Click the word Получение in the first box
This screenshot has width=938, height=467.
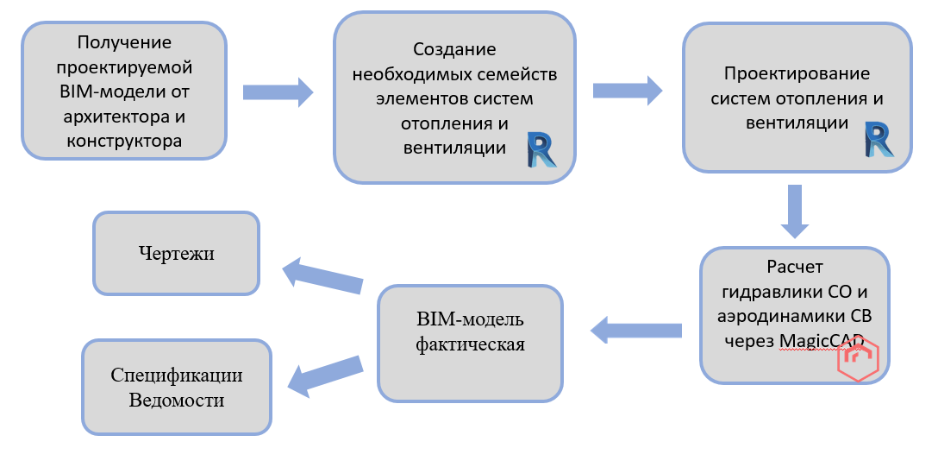point(124,42)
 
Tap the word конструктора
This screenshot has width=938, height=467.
point(124,140)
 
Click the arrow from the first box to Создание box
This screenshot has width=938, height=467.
point(278,92)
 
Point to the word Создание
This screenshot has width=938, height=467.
point(454,50)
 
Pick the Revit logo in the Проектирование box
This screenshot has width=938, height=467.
point(878,139)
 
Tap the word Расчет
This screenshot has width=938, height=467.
point(795,267)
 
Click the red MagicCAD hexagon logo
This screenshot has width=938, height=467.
point(858,361)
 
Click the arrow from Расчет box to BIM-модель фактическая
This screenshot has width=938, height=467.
point(635,329)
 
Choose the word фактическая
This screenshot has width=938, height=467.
point(470,344)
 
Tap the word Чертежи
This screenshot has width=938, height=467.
point(176,254)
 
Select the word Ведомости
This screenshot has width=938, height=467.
point(177,400)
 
